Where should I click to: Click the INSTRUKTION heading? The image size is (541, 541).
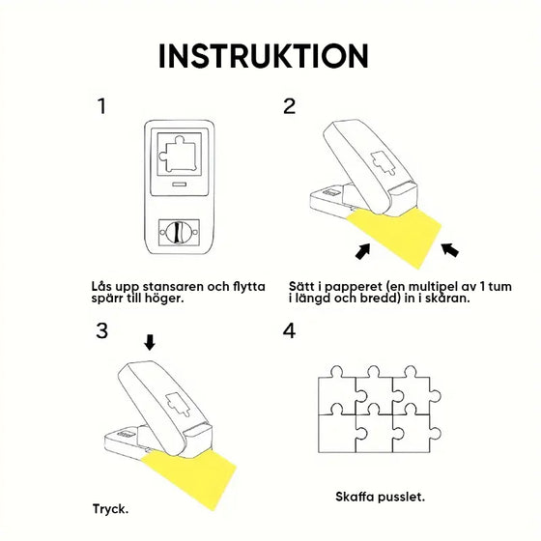coord(263,55)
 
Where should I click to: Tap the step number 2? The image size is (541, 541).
coord(290,106)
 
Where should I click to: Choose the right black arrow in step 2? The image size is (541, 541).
coord(449,252)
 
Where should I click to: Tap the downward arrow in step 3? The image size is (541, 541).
coord(148,342)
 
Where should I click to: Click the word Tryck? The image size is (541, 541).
coord(108,508)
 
